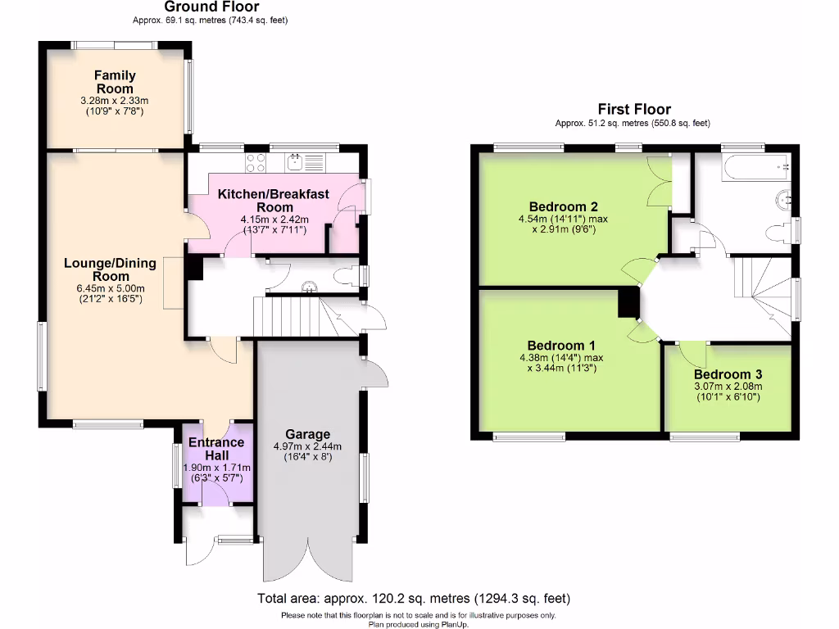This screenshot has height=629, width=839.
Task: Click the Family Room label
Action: [115, 81]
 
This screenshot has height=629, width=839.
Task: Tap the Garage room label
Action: [307, 434]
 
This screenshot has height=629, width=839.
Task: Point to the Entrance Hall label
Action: [216, 448]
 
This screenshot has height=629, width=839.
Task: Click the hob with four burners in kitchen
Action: [255, 162]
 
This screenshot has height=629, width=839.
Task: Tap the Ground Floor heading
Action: [200, 7]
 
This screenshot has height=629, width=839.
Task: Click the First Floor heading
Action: [633, 109]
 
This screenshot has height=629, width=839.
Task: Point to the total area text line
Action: [413, 598]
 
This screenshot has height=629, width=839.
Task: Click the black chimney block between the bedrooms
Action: [628, 302]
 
